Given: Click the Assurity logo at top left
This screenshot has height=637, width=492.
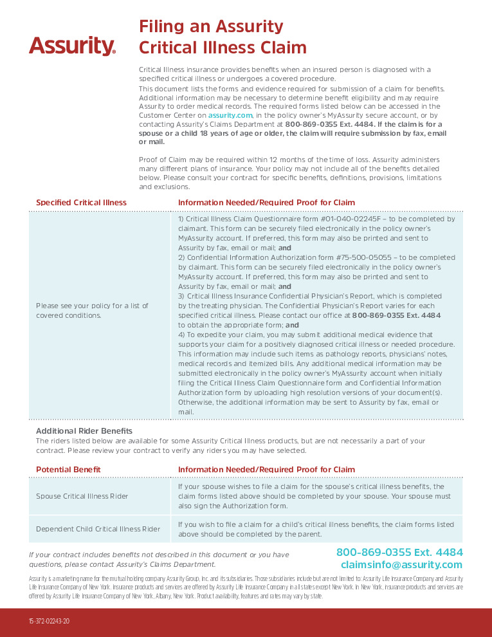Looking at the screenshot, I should [72, 46].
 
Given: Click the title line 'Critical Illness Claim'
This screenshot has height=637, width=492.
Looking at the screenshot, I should [223, 48].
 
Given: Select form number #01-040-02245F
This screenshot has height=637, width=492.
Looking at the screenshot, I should [340, 219].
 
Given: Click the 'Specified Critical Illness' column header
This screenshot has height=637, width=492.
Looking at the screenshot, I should [81, 203].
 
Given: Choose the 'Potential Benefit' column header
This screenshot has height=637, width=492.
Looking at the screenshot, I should [68, 470].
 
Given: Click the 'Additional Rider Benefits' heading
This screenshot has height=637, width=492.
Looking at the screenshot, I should [84, 431].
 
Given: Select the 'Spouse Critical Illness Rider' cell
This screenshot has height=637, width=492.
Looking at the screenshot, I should [82, 497].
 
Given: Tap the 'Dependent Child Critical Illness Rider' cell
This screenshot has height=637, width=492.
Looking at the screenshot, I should [98, 529].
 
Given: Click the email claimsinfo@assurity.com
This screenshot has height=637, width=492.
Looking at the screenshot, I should [401, 565].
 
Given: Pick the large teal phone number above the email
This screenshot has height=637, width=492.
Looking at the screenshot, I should [399, 552].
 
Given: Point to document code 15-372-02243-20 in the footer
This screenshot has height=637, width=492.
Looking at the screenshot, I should [49, 622].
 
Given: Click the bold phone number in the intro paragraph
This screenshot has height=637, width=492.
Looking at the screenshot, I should [319, 124].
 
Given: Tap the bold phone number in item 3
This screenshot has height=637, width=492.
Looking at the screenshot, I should [396, 316].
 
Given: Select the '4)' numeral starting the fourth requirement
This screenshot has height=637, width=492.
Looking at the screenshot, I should [182, 335].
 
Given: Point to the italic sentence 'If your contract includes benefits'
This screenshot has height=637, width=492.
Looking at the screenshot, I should [158, 555].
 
